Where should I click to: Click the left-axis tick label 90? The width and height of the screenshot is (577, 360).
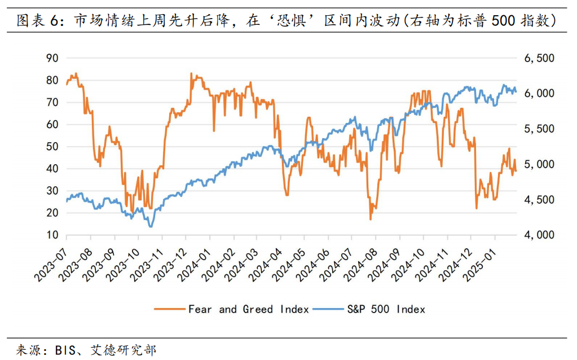52,58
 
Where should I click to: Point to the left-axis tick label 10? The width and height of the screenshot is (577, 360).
52,235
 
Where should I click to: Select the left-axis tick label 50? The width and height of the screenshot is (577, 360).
52,146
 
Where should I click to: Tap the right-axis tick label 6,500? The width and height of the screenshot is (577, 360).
540,58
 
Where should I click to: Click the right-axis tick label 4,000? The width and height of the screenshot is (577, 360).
540,235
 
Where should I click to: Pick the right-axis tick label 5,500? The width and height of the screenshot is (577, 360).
540,129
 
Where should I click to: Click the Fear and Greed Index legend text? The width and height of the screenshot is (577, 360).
248,309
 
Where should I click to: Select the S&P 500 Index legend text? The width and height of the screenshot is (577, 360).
386,309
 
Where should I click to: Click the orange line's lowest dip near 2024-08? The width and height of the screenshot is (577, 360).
371,219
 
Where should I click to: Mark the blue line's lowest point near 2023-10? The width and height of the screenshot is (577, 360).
151,226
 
